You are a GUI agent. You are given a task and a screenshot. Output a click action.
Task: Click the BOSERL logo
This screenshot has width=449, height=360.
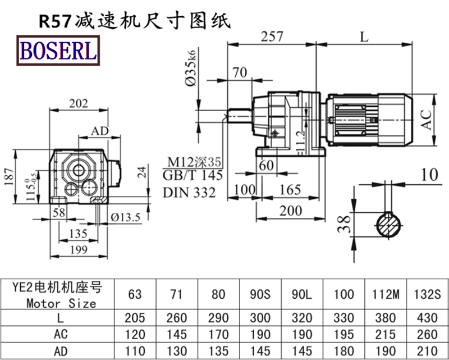58,50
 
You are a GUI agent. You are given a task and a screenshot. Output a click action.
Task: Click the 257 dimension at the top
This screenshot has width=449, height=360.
272,37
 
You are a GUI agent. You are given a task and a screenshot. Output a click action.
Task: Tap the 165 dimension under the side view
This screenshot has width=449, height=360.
290,189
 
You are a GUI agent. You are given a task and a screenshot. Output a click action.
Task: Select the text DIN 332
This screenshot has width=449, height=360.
189,192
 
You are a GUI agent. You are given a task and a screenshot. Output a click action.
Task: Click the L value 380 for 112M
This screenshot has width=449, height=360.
384,318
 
